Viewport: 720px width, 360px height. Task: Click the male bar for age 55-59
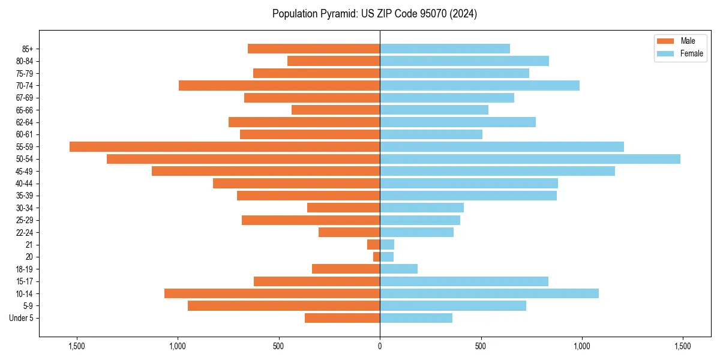(224, 146)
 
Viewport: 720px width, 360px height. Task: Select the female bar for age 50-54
(530, 159)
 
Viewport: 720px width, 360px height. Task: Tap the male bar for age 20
(376, 257)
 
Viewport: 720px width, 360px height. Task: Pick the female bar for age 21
(387, 244)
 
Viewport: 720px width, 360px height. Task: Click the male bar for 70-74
(279, 85)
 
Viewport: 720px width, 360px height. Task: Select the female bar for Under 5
(416, 318)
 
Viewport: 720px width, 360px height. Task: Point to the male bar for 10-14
(272, 293)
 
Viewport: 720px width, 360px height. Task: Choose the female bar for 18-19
(398, 269)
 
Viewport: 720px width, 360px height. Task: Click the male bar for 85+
(314, 49)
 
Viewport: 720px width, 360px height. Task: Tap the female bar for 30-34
(422, 208)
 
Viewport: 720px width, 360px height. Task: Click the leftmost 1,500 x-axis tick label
(77, 346)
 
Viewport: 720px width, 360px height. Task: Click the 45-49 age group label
(25, 171)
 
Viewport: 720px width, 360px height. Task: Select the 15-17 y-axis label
(25, 281)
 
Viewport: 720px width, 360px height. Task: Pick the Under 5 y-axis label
(22, 318)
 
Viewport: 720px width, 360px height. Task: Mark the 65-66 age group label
(25, 110)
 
